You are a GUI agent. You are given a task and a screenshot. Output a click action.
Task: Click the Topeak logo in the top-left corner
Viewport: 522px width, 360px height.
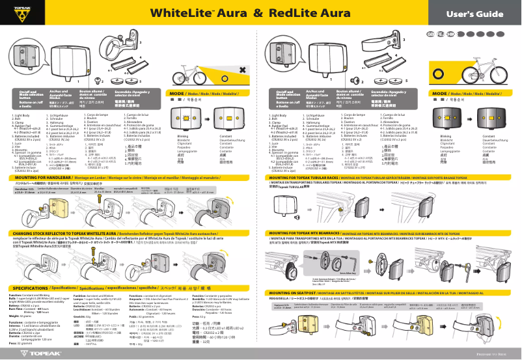point(17,12)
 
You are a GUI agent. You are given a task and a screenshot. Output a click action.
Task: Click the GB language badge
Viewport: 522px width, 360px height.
point(431,33)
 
